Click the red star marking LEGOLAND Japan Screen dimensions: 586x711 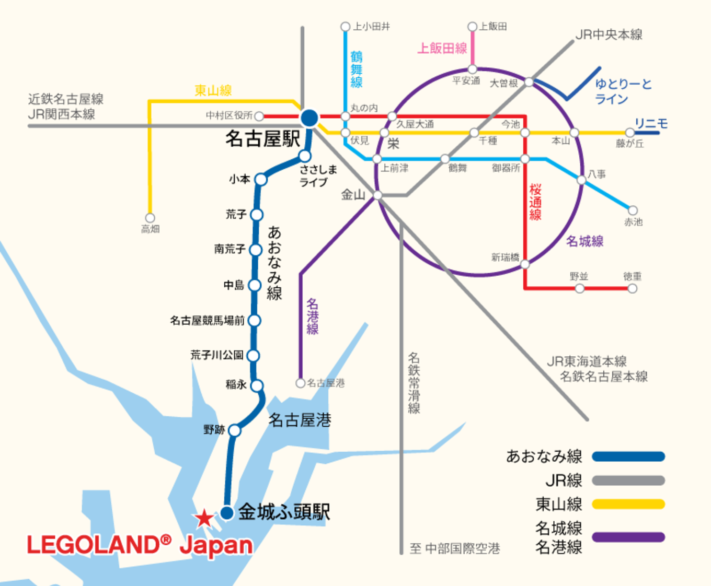204,518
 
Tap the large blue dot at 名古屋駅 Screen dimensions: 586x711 309,118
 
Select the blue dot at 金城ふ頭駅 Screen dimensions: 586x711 227,513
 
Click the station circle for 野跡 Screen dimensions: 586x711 235,430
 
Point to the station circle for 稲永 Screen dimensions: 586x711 257,386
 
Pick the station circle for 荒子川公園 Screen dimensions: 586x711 253,356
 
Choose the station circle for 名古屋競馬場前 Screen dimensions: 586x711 255,320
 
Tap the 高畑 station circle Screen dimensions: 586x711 150,218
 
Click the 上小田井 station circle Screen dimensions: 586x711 345,27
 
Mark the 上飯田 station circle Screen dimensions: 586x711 473,27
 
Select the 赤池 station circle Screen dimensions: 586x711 633,210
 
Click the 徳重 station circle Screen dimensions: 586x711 633,288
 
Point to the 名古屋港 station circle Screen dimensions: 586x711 301,383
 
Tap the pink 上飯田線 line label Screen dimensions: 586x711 442,49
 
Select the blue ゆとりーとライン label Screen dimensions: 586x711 623,91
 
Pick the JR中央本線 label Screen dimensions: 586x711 609,35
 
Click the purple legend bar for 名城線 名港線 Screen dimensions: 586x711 628,537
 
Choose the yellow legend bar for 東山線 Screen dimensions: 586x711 628,504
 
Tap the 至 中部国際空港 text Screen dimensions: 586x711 455,548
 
